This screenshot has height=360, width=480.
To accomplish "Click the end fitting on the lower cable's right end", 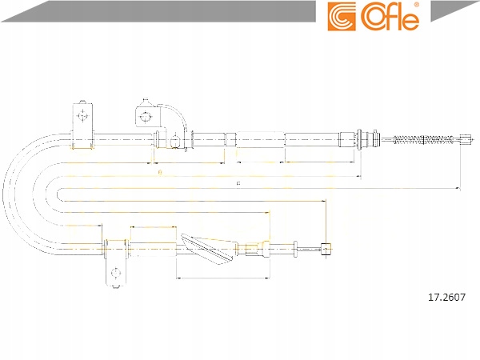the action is [x=325, y=249].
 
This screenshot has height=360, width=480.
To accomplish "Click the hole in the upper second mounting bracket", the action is [x=145, y=117].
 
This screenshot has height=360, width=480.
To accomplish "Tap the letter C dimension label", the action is [x=238, y=184].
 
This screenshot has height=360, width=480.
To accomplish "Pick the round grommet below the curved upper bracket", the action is [x=174, y=142].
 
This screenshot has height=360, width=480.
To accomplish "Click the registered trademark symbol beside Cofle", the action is [x=426, y=6].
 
